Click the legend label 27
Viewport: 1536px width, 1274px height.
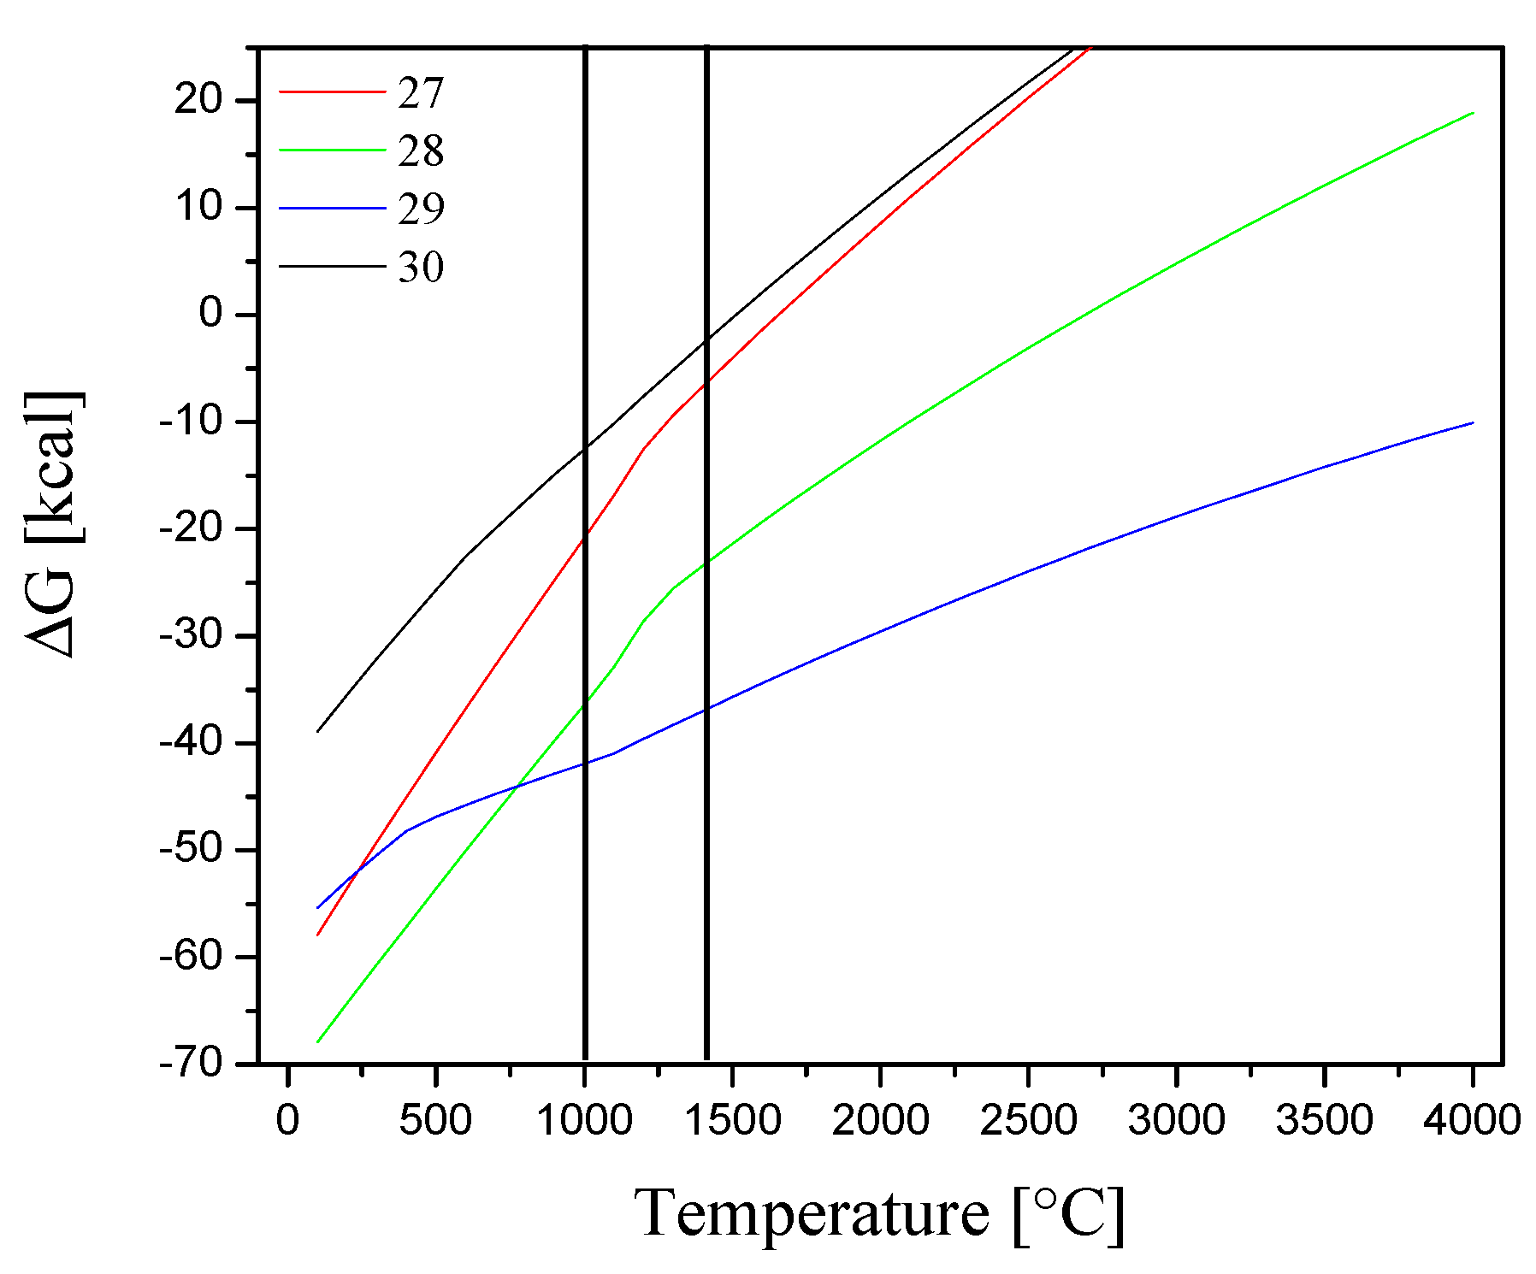pos(421,92)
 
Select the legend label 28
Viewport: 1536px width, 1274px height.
pos(421,150)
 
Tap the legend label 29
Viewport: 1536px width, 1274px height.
pos(421,209)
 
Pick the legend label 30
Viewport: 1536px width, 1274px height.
pos(421,267)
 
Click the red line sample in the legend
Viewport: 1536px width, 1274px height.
pos(332,91)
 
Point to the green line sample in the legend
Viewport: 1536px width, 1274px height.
pos(332,150)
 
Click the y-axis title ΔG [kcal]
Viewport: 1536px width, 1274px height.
pos(53,524)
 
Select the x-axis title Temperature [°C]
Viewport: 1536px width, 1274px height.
pos(879,1214)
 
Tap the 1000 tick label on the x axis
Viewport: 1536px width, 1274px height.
pos(584,1120)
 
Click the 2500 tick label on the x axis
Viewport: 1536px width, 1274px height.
pos(1028,1120)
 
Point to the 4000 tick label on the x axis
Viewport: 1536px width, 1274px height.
pos(1472,1120)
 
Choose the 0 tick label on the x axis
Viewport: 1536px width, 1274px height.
pos(288,1120)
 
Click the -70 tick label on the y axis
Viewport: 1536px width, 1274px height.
pos(192,1065)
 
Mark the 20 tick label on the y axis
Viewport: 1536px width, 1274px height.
pos(198,101)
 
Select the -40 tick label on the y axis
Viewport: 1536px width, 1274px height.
pos(192,743)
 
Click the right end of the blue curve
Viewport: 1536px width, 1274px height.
pos(1473,422)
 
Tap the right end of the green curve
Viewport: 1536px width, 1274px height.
pos(1473,113)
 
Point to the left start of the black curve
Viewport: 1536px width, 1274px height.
pos(317,732)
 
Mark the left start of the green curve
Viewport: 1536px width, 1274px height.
pos(317,1042)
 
